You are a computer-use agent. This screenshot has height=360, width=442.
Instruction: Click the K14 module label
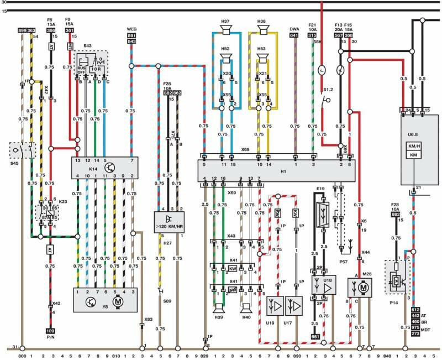point(78,166)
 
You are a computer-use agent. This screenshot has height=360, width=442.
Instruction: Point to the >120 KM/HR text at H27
point(169,226)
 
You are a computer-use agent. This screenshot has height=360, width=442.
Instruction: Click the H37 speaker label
point(225,22)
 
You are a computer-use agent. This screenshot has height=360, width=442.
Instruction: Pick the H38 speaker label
point(262,22)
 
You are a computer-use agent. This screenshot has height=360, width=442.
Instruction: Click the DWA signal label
point(294,28)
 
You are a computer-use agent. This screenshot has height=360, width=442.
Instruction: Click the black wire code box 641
point(294,35)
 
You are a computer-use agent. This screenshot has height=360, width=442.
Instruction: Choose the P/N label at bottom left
point(50,338)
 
